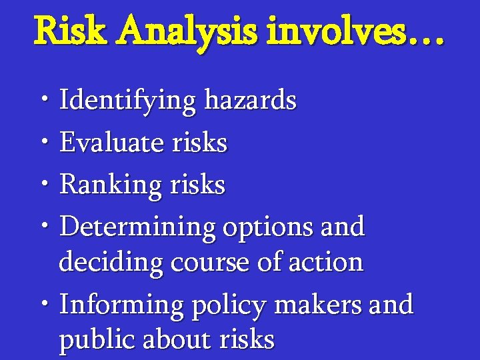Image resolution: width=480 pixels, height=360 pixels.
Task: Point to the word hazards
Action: (250, 101)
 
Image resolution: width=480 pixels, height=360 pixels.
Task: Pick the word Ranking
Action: (110, 185)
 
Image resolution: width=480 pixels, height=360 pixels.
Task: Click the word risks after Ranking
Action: (195, 184)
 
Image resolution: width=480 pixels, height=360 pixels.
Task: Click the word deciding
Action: (111, 263)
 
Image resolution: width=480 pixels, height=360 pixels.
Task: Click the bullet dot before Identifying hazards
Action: (43, 101)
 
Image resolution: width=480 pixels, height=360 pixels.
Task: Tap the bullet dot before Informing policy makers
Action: (43, 305)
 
